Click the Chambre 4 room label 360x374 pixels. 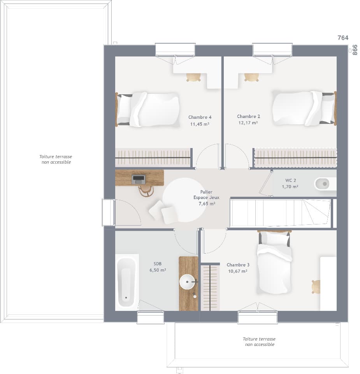(x=200, y=117)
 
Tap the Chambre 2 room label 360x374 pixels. (x=248, y=116)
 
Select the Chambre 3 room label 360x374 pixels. (x=238, y=265)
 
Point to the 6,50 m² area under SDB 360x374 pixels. (x=158, y=270)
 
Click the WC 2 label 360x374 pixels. (x=290, y=180)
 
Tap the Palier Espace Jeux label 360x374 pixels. (x=206, y=195)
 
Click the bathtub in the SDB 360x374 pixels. (x=126, y=282)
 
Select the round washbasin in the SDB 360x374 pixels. (x=187, y=282)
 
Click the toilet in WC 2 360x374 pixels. (x=324, y=183)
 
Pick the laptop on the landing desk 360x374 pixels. (x=139, y=180)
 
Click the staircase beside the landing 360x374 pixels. (x=280, y=213)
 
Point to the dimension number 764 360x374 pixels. (x=343, y=38)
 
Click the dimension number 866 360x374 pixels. (x=355, y=50)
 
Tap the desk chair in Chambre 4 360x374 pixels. (x=193, y=77)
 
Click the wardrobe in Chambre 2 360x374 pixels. (x=295, y=158)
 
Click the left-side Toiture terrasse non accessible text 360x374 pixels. (x=56, y=159)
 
